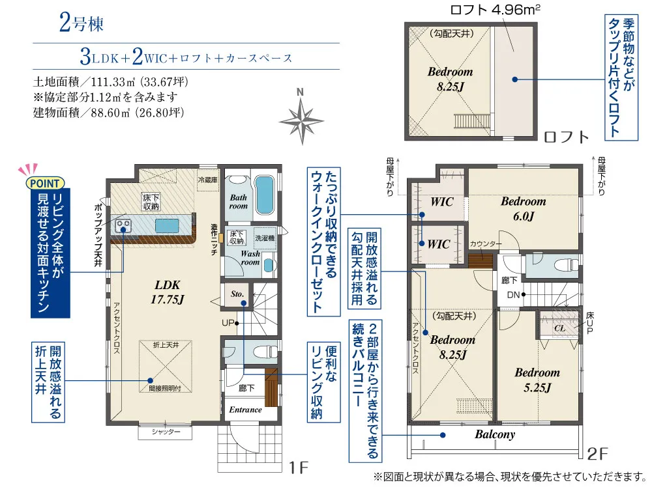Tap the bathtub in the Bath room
(263, 195)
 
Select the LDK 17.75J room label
(168, 292)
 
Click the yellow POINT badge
(45, 183)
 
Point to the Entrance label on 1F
(245, 410)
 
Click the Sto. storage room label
(237, 294)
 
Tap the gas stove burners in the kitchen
(123, 226)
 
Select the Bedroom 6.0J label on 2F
(523, 208)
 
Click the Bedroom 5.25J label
(537, 380)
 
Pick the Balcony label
(495, 434)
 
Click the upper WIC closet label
(441, 202)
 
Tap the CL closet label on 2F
(559, 328)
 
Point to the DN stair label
(513, 295)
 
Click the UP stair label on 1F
(228, 322)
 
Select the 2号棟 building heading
(81, 23)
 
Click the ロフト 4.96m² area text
(496, 9)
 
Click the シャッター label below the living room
(166, 432)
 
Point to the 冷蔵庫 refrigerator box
(207, 180)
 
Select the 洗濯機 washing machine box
(265, 238)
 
